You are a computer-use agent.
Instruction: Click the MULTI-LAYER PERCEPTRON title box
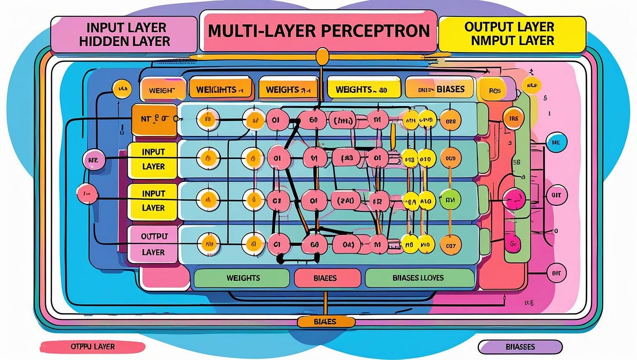[x=318, y=31]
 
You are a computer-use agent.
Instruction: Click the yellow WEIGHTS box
[x=364, y=89]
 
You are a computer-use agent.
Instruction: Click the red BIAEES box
[x=327, y=278]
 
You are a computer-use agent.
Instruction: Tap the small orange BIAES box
[x=323, y=322]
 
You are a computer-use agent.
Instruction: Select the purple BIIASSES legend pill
[x=520, y=347]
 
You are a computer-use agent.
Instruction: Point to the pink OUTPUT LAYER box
[x=153, y=244]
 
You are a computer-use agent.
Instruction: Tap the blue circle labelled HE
[x=557, y=142]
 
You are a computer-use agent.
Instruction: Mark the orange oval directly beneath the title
[x=322, y=57]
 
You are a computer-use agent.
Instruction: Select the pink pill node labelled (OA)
[x=348, y=243]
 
